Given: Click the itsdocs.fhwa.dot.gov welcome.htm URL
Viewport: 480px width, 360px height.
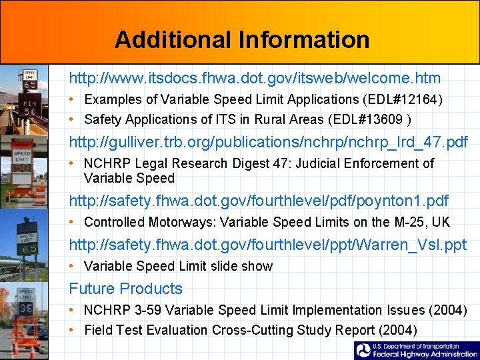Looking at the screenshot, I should tap(255, 78).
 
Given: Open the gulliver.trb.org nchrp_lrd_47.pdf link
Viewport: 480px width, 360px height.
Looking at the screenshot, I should tap(269, 142).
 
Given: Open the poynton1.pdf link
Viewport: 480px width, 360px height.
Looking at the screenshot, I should tap(259, 201).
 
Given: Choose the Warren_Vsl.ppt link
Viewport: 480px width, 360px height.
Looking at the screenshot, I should tap(267, 245).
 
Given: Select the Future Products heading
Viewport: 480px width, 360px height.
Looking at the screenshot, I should tap(125, 289).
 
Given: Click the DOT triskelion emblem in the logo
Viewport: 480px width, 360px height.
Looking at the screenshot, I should tap(363, 351).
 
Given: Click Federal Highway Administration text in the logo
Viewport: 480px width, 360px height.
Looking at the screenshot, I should tap(425, 354).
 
